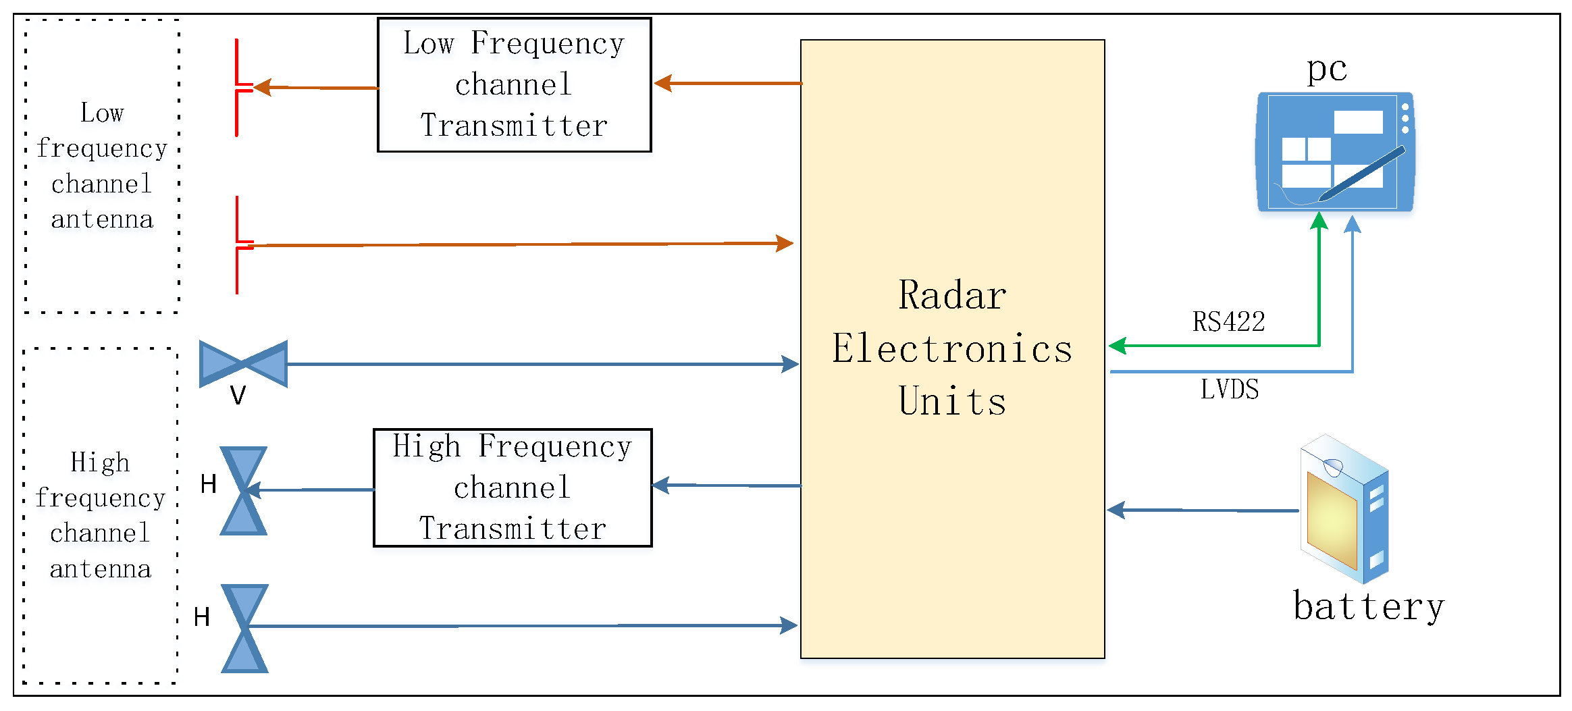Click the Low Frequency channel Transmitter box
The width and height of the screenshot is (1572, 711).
[514, 85]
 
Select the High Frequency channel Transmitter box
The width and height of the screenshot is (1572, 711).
[513, 488]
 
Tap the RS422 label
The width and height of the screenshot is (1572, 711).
[1228, 322]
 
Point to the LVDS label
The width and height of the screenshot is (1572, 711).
[1230, 390]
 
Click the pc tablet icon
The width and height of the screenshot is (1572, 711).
[1335, 152]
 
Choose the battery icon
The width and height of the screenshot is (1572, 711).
[1344, 510]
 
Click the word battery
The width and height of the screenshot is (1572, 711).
[1368, 606]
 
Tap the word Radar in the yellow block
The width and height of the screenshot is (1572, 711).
[952, 296]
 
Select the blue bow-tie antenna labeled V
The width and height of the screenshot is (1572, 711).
[244, 364]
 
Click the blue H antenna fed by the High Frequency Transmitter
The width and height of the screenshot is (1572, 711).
[244, 491]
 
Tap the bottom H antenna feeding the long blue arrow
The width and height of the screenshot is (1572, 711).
[245, 628]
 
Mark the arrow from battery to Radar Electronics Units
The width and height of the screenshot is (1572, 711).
[1202, 510]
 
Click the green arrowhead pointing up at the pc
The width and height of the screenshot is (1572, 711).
[1319, 221]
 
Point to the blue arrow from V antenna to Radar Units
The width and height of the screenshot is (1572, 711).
[540, 364]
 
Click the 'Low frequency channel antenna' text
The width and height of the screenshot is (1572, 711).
[102, 166]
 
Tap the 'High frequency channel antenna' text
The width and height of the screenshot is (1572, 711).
[101, 515]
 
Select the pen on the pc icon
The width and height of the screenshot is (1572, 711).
[1362, 174]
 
